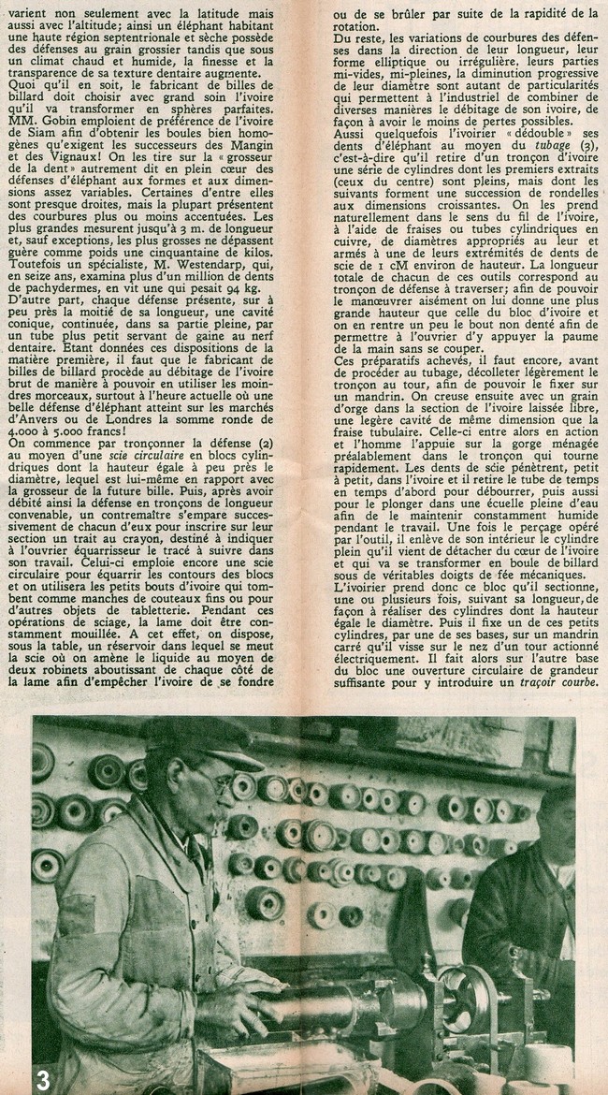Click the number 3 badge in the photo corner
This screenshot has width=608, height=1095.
(x=16, y=1077)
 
